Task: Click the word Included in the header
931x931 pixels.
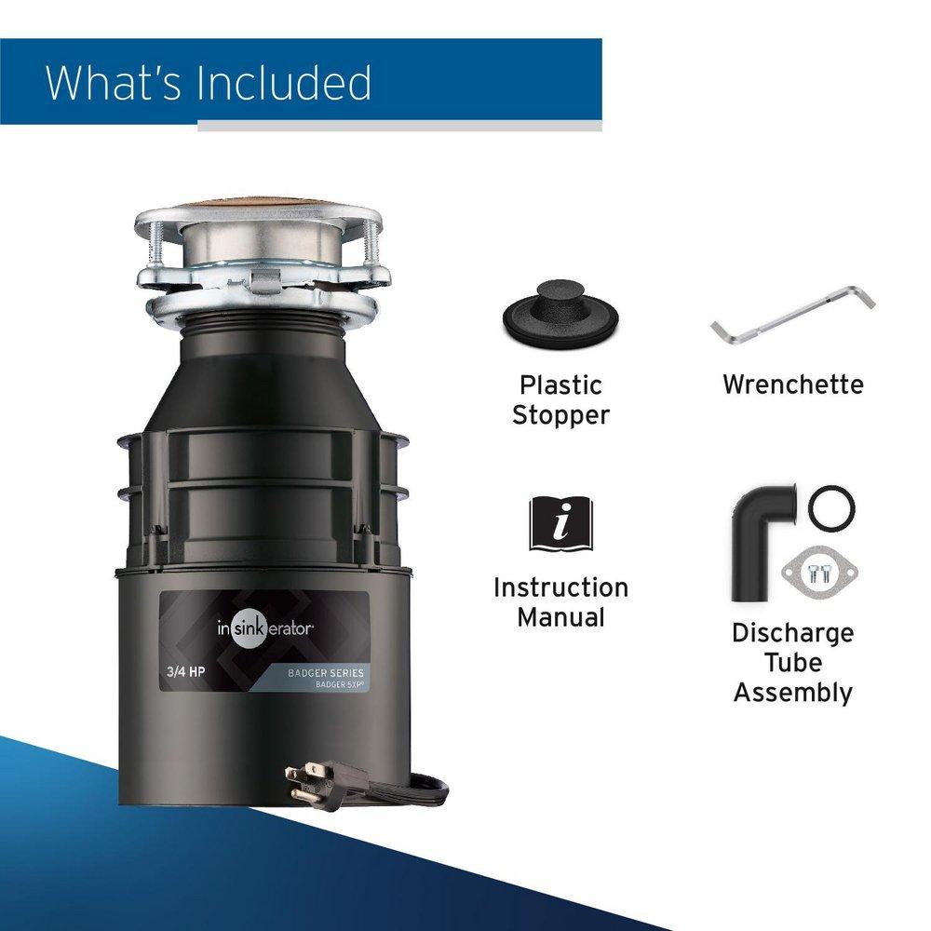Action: (286, 83)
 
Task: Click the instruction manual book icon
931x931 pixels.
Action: (560, 523)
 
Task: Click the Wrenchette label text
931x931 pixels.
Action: (792, 385)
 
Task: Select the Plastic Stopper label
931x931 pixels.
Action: (560, 399)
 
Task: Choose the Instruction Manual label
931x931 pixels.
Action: (560, 602)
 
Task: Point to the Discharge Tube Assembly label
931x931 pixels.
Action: (792, 662)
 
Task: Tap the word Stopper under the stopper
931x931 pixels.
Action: (560, 415)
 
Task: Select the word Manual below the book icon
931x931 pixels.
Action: (560, 617)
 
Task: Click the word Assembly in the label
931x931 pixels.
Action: (792, 693)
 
